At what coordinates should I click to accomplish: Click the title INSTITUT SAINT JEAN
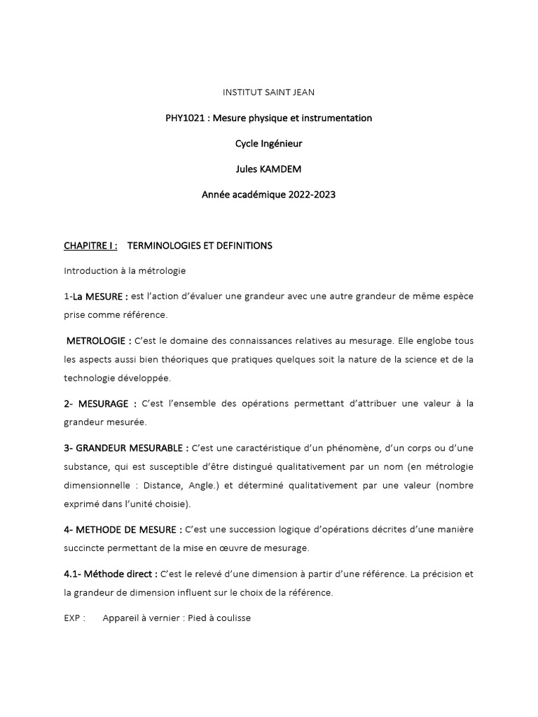click(x=268, y=92)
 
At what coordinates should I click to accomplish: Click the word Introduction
click(x=90, y=271)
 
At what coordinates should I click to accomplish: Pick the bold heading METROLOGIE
click(x=99, y=341)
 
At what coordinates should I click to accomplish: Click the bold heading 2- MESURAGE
click(x=100, y=403)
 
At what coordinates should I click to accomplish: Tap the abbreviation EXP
click(x=73, y=618)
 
